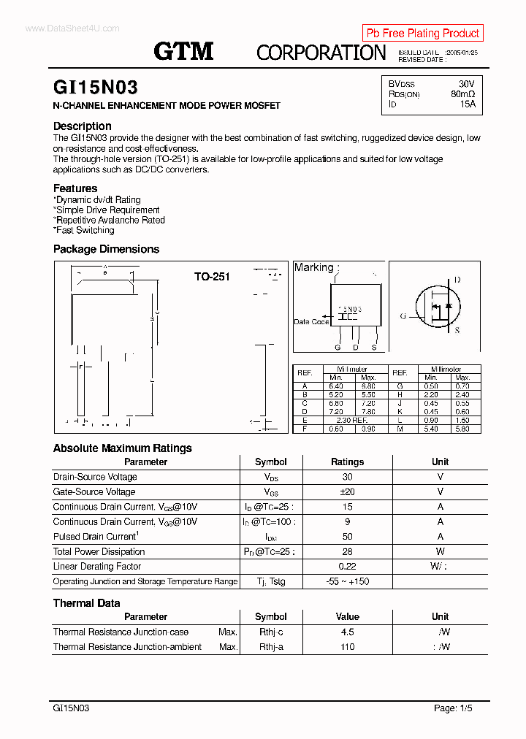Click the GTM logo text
(x=183, y=50)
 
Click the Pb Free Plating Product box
(x=422, y=33)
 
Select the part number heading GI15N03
(x=95, y=88)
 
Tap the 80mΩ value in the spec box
(x=462, y=94)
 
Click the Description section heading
(x=82, y=126)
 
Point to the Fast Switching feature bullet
(x=84, y=230)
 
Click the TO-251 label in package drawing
(x=212, y=277)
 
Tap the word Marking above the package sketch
(x=313, y=267)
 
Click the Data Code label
(x=311, y=321)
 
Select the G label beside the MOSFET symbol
(x=403, y=316)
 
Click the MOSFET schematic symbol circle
(x=439, y=306)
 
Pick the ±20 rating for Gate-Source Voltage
(x=347, y=492)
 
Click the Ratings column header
(x=347, y=462)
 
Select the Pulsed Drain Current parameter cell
(x=95, y=537)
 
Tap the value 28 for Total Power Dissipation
(x=347, y=551)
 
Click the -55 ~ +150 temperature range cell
(x=347, y=581)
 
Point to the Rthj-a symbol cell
(x=270, y=647)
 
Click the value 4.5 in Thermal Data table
(x=347, y=632)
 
